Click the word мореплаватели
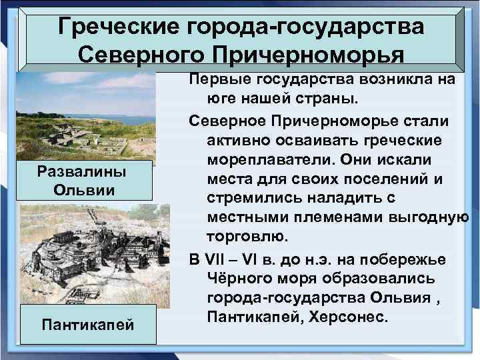click(x=264, y=162)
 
